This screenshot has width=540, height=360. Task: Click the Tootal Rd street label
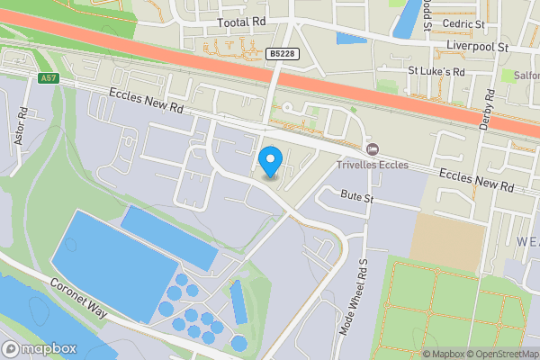(242, 22)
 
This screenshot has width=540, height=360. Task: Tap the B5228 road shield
(281, 55)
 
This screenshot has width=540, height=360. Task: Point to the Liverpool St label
(478, 44)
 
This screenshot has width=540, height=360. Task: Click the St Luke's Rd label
(436, 71)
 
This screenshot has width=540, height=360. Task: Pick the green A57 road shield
(49, 79)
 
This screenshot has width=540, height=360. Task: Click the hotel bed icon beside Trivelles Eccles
(372, 148)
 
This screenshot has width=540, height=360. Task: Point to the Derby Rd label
(486, 112)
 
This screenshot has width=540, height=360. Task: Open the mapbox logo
(40, 348)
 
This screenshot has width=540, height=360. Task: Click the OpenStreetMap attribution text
(501, 354)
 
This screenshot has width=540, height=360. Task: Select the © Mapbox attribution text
(441, 354)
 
